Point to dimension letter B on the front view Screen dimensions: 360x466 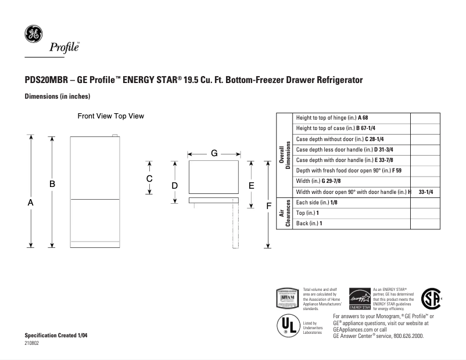click(x=52, y=183)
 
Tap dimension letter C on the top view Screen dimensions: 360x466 click(x=149, y=179)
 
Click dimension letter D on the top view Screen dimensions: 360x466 click(x=174, y=185)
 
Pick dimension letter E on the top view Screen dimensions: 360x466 click(x=251, y=186)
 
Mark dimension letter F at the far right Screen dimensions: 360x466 click(x=268, y=206)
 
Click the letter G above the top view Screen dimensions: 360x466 click(x=214, y=153)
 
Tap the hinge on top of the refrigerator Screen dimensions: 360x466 click(x=115, y=137)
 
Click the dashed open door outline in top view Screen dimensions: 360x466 click(x=236, y=226)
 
